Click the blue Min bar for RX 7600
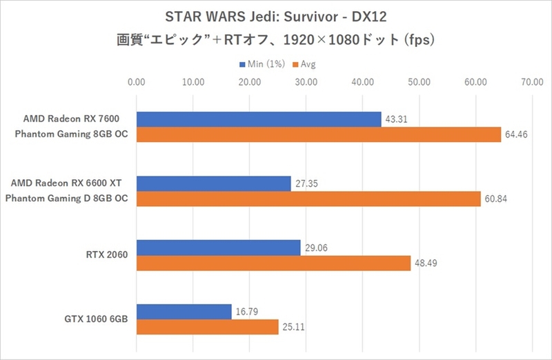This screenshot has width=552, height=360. (259, 119)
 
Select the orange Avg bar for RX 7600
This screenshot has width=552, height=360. (319, 134)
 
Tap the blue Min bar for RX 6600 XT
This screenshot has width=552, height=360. (214, 183)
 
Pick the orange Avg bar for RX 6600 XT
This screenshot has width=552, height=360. (308, 199)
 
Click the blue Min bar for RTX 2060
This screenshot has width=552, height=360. (219, 248)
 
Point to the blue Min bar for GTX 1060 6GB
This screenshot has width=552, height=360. (184, 312)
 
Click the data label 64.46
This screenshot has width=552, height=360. (516, 134)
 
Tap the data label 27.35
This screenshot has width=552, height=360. (306, 183)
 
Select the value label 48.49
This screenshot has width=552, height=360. (426, 263)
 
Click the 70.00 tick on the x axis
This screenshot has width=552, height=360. (531, 82)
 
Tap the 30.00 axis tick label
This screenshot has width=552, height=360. (306, 82)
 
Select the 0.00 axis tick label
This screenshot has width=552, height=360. (137, 82)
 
